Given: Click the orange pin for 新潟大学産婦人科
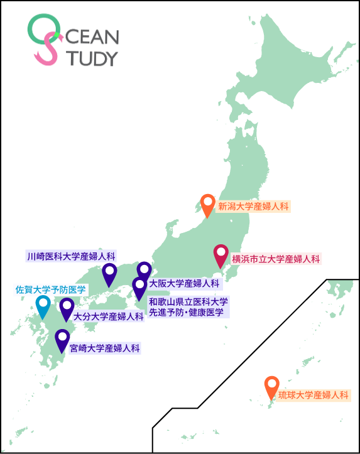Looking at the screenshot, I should click(x=208, y=204).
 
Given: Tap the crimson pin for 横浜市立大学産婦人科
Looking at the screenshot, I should click(x=221, y=254).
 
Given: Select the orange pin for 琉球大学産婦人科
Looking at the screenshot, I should click(x=271, y=386).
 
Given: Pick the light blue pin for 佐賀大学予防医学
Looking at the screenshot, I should click(x=43, y=305).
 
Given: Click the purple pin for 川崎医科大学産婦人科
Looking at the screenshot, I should click(x=110, y=273).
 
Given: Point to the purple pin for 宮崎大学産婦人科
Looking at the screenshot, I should click(x=62, y=339).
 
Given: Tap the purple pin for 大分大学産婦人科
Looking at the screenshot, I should click(x=67, y=308).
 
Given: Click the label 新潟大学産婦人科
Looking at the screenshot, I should click(x=253, y=205).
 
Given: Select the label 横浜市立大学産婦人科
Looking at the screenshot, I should click(x=276, y=259).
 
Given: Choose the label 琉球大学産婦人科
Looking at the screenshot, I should click(x=313, y=396).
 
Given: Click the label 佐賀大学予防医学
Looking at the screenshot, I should click(x=50, y=289).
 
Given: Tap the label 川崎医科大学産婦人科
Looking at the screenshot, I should click(x=72, y=256).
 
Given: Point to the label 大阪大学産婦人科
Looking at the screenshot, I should click(x=185, y=283).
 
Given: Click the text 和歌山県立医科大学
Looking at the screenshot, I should click(x=188, y=301).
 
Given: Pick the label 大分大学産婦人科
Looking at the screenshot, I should click(x=108, y=316).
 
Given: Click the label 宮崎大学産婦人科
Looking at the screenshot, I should click(x=104, y=347).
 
